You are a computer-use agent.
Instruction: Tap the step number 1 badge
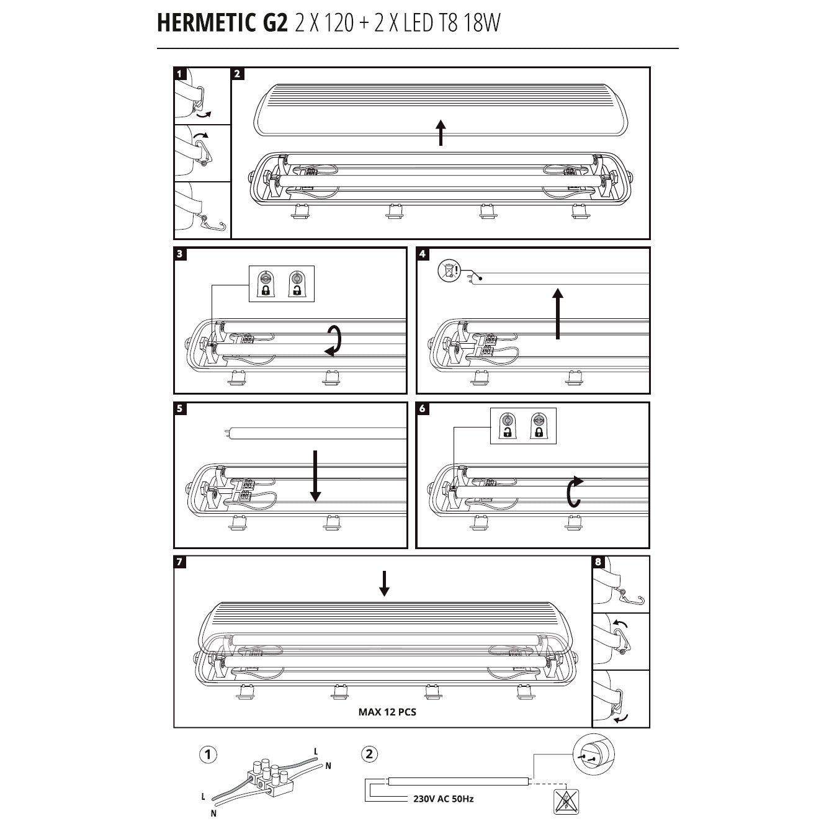(180, 74)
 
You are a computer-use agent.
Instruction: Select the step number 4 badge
(423, 254)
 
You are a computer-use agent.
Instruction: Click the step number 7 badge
(180, 562)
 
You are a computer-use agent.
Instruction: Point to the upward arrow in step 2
(441, 133)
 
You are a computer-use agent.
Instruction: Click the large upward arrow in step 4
(558, 313)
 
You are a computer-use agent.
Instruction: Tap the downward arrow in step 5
(315, 475)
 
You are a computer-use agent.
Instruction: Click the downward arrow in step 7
(384, 583)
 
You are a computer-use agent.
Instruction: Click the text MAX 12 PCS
(387, 712)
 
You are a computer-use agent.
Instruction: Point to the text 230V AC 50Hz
(443, 799)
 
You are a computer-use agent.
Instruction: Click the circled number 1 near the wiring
(208, 755)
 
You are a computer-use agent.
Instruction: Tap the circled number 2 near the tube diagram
(369, 755)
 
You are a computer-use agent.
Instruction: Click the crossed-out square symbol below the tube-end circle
(565, 802)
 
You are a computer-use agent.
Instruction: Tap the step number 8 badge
(598, 562)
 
